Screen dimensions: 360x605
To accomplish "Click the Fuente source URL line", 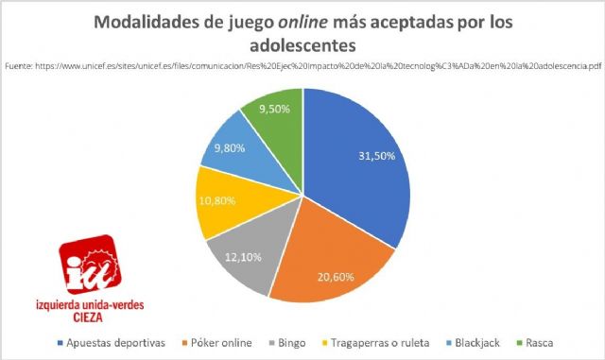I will pos(302,67).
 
